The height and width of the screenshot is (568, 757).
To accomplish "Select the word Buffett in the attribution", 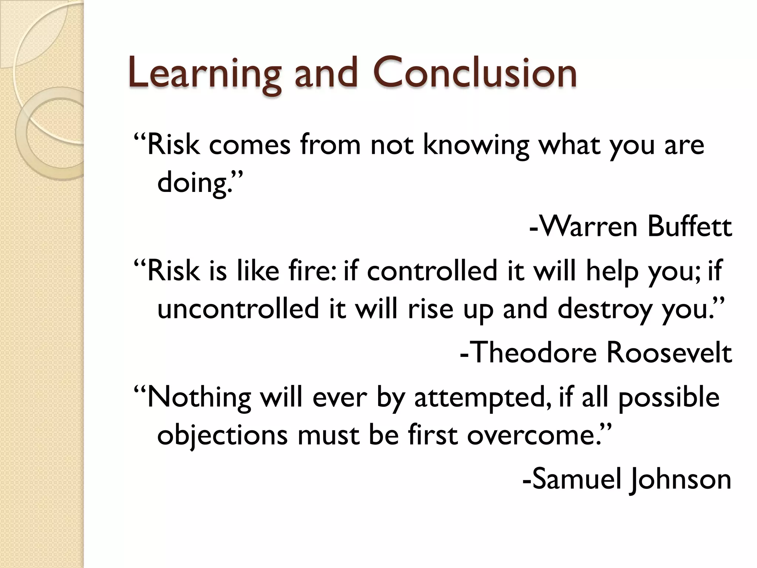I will pyautogui.click(x=689, y=226).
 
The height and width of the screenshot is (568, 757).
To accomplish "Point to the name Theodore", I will pyautogui.click(x=534, y=352).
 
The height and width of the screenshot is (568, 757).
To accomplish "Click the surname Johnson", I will pyautogui.click(x=681, y=479).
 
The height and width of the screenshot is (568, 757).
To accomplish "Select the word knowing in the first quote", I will pyautogui.click(x=476, y=145).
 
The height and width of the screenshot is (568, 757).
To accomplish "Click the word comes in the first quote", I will pyautogui.click(x=250, y=145).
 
